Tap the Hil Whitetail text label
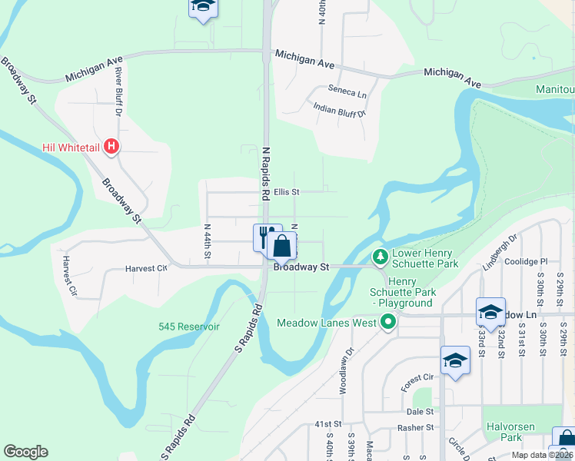point(71,145)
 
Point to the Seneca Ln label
point(347,91)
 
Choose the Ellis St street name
point(286,191)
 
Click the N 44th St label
point(208,240)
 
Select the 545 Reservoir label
point(189,327)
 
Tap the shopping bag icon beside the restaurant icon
point(282,247)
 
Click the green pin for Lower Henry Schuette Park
point(379,257)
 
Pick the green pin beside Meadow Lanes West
point(388,322)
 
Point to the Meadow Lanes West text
point(327,323)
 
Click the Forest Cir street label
point(417,377)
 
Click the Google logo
point(25,452)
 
